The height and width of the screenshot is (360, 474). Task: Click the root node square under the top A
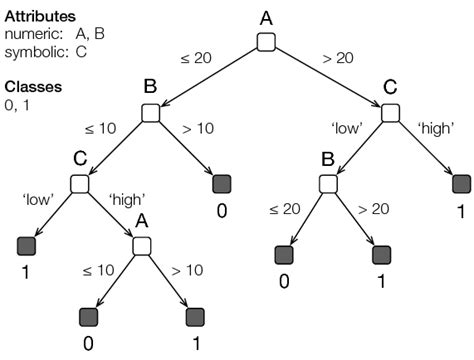(x=266, y=41)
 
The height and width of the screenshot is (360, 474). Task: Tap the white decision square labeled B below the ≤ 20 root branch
(x=151, y=113)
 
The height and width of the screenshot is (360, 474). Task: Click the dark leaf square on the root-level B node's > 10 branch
(x=221, y=184)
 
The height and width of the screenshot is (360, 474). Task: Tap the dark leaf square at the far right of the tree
(x=461, y=184)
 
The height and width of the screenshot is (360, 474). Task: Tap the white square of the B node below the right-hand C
(x=329, y=184)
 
